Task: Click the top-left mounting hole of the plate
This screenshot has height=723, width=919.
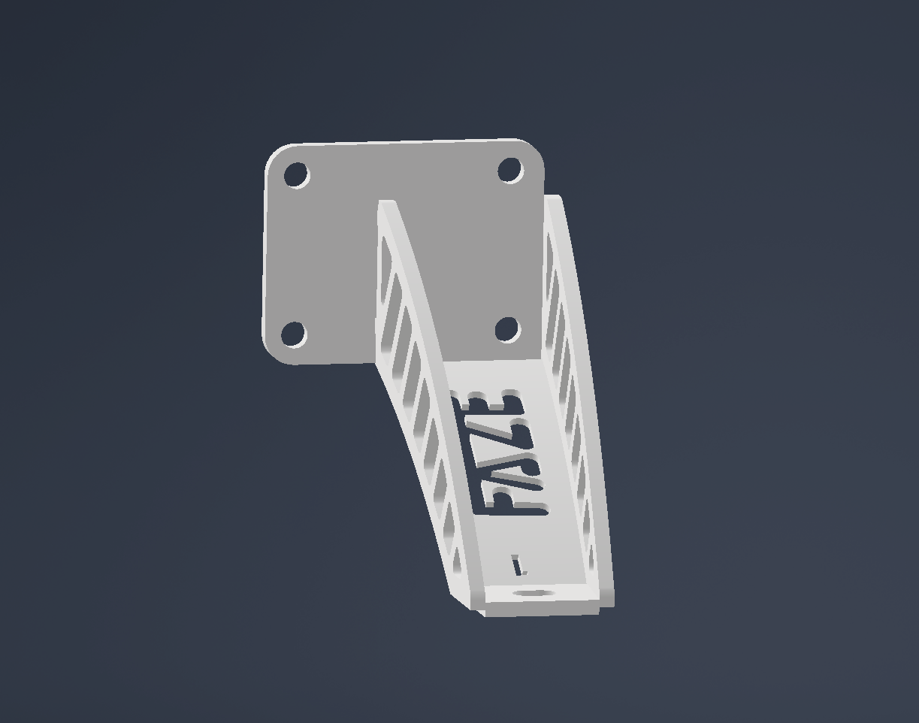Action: point(296,176)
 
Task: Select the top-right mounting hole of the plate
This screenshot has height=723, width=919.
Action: point(510,171)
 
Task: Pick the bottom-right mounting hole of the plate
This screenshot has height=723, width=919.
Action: point(507,329)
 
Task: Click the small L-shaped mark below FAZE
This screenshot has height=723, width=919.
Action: point(518,565)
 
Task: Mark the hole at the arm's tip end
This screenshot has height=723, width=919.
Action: point(534,594)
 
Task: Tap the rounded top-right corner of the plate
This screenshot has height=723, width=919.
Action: point(535,148)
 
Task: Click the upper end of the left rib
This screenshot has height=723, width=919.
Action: point(386,205)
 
